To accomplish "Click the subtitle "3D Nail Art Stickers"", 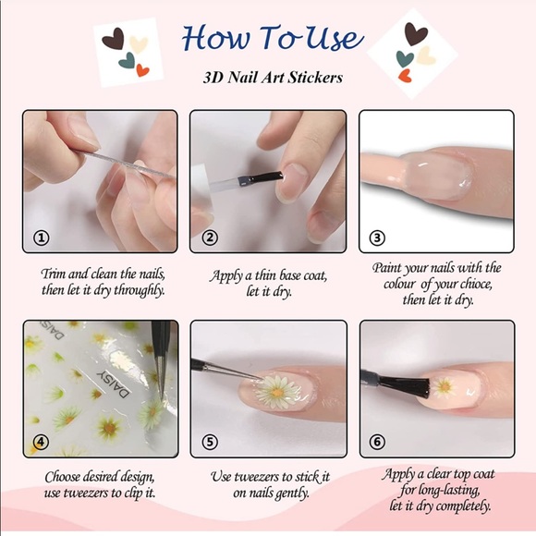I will pyautogui.click(x=273, y=78).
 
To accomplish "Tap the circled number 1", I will pyautogui.click(x=41, y=238).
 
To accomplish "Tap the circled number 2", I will pyautogui.click(x=209, y=238).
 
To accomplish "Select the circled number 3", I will pyautogui.click(x=377, y=238).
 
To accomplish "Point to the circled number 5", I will pyautogui.click(x=209, y=441).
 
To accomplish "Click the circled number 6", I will pyautogui.click(x=377, y=441).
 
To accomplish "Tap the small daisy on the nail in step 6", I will pyautogui.click(x=444, y=385).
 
